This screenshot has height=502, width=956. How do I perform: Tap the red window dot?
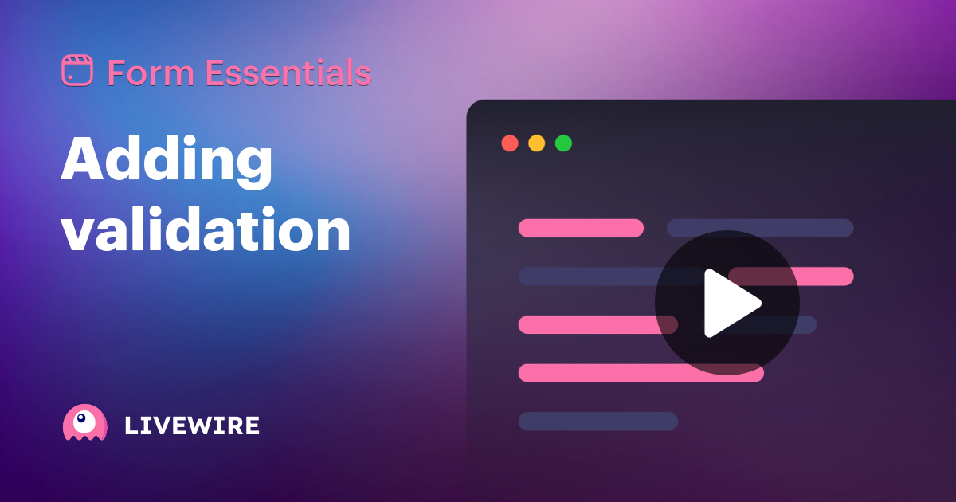(510, 143)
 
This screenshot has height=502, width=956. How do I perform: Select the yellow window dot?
(537, 143)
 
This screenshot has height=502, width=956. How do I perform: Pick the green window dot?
(563, 143)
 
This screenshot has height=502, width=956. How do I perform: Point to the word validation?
(206, 231)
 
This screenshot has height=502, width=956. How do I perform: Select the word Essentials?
(288, 73)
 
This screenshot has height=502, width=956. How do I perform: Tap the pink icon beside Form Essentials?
(77, 71)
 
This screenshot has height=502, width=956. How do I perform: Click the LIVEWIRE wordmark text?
(192, 426)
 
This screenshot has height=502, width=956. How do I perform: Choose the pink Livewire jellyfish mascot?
(84, 423)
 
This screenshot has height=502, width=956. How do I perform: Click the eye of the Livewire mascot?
(81, 418)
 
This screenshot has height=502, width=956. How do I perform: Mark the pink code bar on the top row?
(581, 228)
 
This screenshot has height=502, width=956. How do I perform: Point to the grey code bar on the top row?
(760, 228)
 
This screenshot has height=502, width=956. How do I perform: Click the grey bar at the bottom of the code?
(597, 421)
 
